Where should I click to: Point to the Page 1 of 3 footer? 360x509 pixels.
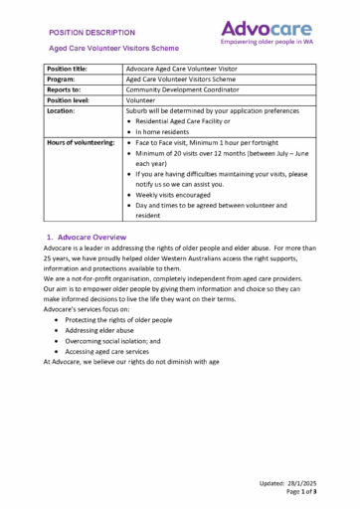300,492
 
